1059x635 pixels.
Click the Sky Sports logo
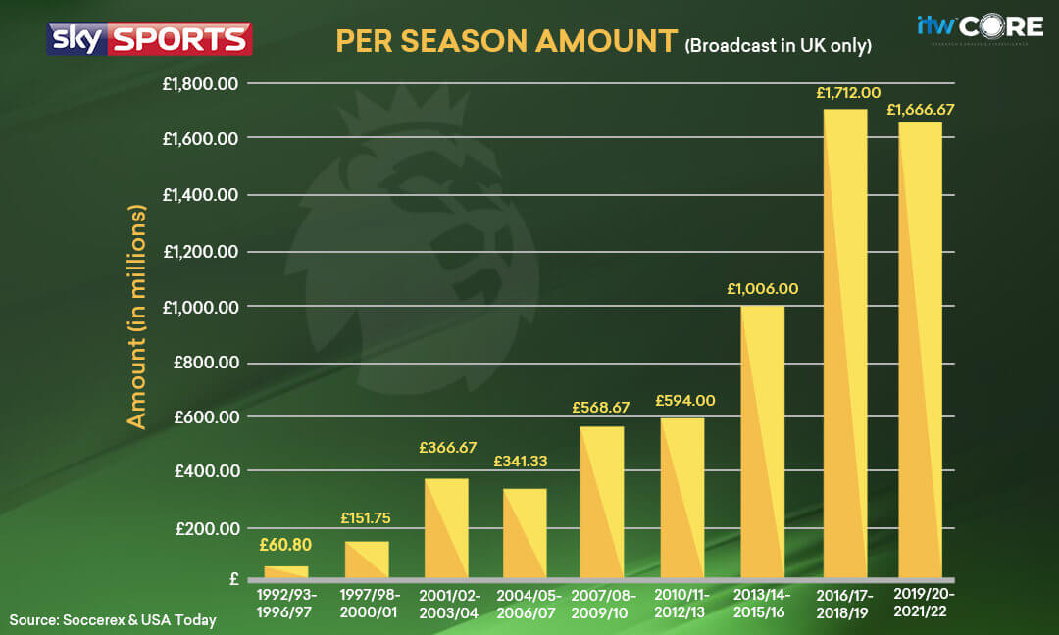(x=149, y=39)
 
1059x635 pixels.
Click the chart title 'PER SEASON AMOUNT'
(x=506, y=41)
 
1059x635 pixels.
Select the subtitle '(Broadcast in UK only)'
(x=778, y=44)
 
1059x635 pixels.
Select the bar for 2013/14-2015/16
(x=762, y=441)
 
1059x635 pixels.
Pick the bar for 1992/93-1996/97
(x=286, y=571)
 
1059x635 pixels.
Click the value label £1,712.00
(x=844, y=93)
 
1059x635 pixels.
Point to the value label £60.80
(x=286, y=546)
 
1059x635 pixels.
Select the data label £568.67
(x=601, y=407)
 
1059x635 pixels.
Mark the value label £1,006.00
(x=762, y=288)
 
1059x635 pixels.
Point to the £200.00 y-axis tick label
(x=207, y=528)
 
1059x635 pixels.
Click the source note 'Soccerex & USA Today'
(x=113, y=619)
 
